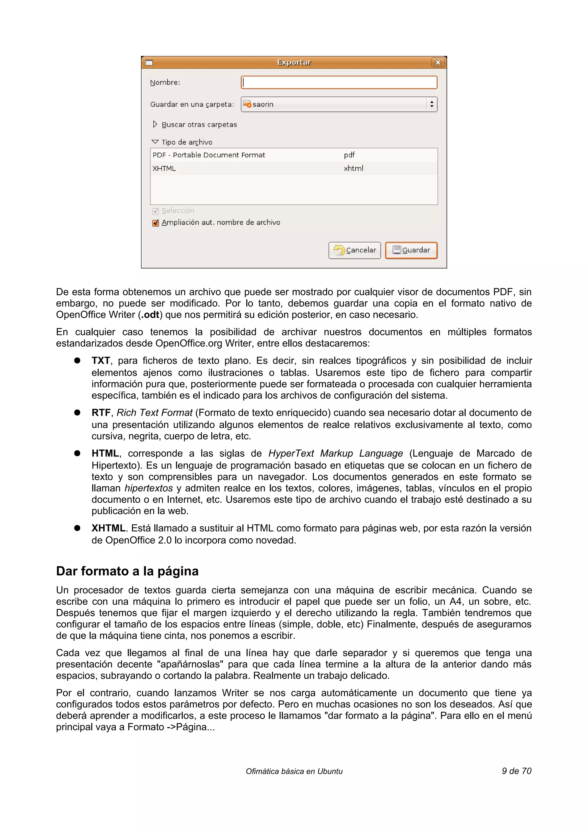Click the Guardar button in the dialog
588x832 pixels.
411,250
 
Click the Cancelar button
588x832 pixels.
354,250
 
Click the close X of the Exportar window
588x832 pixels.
438,62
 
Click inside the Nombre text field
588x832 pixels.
339,82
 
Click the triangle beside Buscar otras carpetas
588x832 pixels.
155,124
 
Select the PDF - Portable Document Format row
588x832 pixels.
209,155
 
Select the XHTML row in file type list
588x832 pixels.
164,169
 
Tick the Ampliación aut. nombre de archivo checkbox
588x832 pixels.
155,223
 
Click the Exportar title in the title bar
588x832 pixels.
294,62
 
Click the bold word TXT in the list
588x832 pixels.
100,361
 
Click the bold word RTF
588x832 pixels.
101,413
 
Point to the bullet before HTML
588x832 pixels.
77,453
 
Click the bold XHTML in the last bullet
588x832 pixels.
108,528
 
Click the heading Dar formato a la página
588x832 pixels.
127,571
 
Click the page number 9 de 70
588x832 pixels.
516,771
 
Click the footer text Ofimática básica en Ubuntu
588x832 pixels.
294,771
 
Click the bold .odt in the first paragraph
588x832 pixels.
150,315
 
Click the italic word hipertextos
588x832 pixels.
148,488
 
